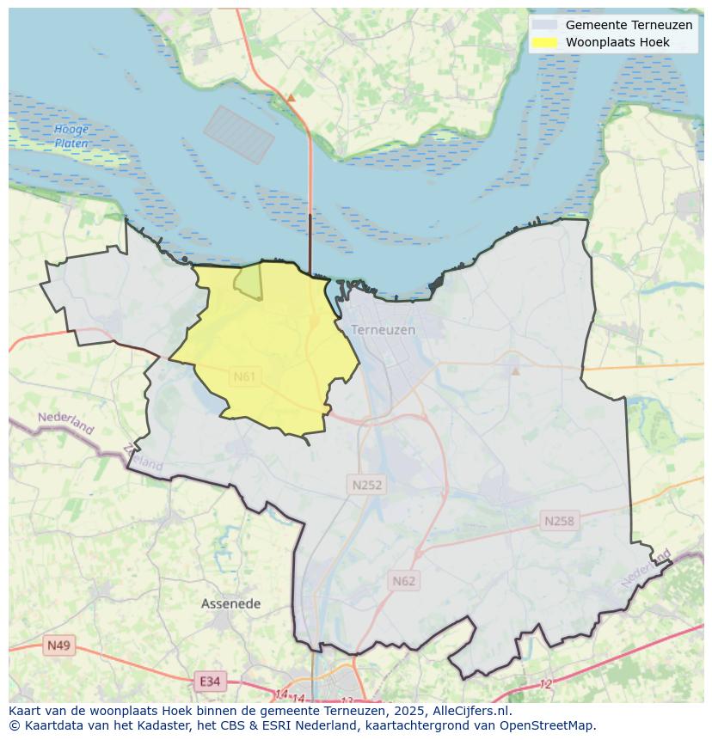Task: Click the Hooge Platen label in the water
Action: (x=71, y=137)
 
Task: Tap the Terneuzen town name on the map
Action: (x=383, y=329)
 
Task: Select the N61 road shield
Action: (x=245, y=376)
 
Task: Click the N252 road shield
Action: (x=367, y=485)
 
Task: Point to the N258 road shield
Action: (x=559, y=521)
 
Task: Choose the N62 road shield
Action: (x=403, y=581)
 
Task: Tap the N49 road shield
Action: (x=59, y=645)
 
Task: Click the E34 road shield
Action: (x=209, y=682)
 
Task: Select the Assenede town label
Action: (x=230, y=603)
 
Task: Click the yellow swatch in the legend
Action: (x=544, y=42)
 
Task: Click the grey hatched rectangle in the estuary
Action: (x=239, y=135)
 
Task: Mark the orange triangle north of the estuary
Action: (x=291, y=99)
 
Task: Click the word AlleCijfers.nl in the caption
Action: (x=471, y=711)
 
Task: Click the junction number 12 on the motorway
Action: (x=545, y=684)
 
